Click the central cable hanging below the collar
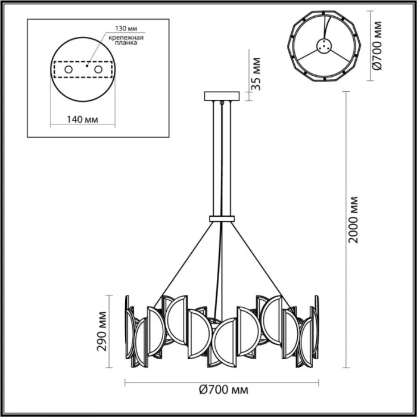point(220,268)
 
